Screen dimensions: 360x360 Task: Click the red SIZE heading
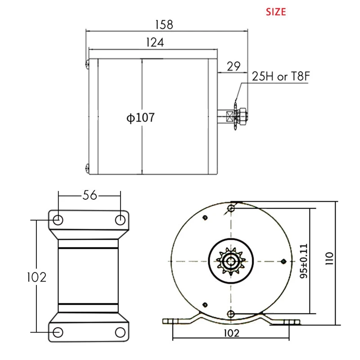click(276, 12)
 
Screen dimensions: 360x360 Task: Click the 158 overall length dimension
click(164, 25)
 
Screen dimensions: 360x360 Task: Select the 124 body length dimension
click(155, 42)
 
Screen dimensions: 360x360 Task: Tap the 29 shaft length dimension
click(234, 67)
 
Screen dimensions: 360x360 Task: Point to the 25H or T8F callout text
click(281, 76)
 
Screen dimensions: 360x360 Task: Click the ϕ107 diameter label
click(140, 117)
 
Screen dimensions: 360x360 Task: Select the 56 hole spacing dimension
click(90, 195)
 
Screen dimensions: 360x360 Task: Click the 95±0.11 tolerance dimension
click(303, 261)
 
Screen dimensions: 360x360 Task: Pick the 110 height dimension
click(329, 258)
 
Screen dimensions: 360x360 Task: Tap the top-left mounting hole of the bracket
click(58, 220)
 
